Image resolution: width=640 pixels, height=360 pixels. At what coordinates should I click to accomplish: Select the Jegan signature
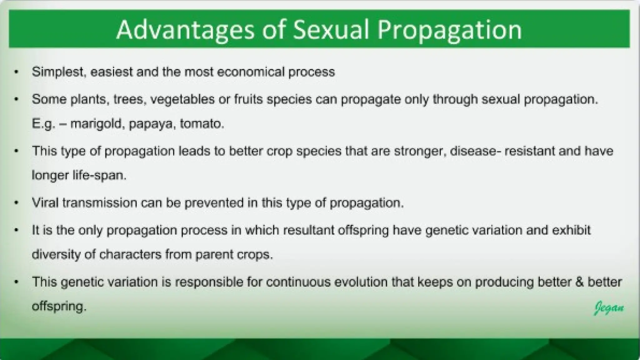click(x=608, y=308)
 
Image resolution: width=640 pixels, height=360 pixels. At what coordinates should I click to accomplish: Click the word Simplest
click(x=58, y=72)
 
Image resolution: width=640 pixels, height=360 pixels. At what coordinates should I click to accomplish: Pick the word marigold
click(x=97, y=124)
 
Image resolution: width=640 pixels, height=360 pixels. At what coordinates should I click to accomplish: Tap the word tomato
click(x=202, y=124)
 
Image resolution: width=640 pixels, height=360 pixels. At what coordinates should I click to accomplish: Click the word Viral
click(x=45, y=203)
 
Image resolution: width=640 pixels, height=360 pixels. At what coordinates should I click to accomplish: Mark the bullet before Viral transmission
click(x=17, y=203)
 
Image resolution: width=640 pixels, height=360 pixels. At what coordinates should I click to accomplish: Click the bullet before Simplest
click(x=17, y=72)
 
